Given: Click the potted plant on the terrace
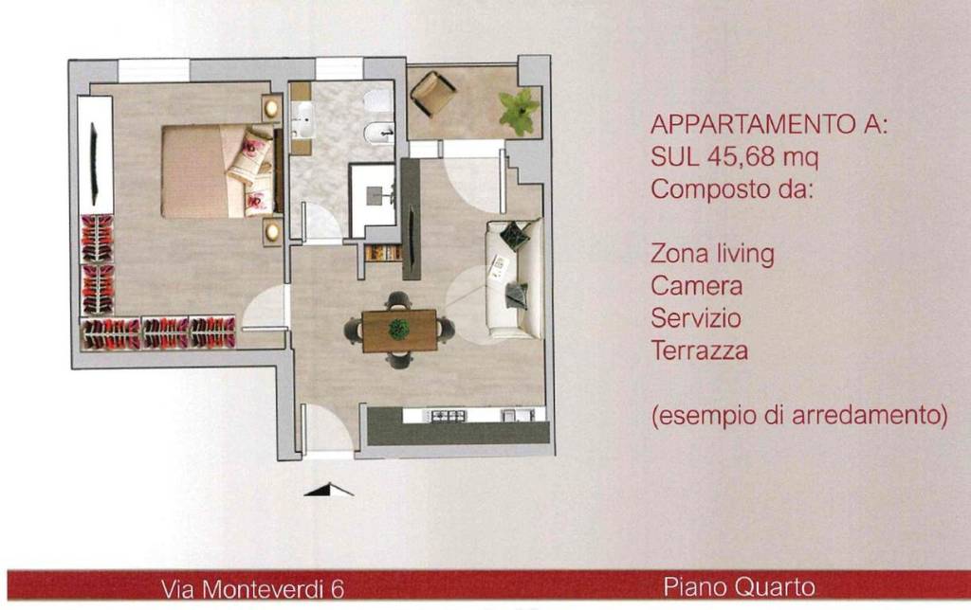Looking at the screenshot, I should (x=518, y=110).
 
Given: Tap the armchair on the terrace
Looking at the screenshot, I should (x=433, y=93).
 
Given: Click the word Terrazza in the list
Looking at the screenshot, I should (x=700, y=351).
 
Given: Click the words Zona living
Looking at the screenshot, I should (x=712, y=254).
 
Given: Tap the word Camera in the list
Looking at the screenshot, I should (x=697, y=286).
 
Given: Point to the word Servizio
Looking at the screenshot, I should (x=697, y=318).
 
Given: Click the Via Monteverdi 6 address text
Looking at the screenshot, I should (x=252, y=589).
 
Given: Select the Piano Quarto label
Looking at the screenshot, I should (x=733, y=587).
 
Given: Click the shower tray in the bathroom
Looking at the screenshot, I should (x=373, y=199).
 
